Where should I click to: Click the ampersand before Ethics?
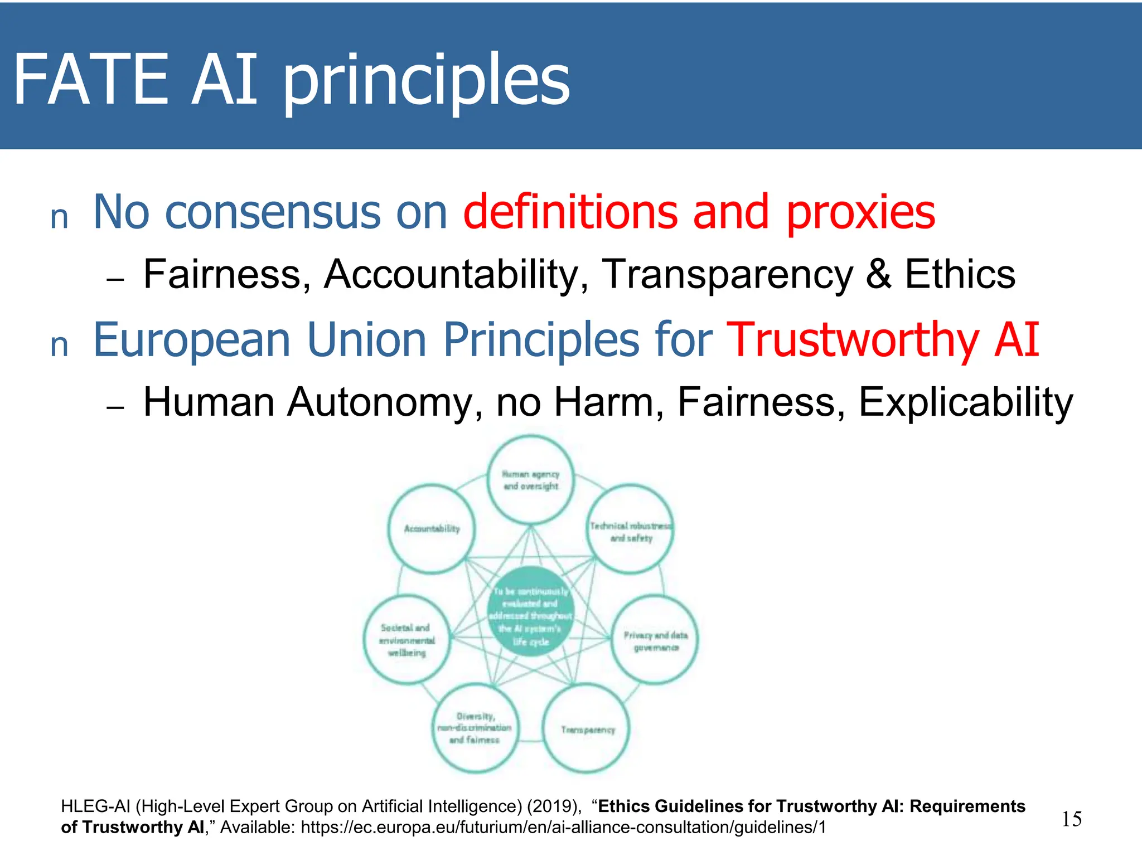878,274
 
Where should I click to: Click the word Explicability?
965,402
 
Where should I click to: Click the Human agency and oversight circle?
530,480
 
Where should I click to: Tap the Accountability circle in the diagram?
432,528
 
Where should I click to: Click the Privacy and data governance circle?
655,640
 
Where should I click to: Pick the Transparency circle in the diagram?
587,729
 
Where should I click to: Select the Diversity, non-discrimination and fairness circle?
475,729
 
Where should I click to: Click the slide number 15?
1071,819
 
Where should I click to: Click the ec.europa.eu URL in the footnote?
563,828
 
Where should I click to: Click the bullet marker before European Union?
59,345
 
